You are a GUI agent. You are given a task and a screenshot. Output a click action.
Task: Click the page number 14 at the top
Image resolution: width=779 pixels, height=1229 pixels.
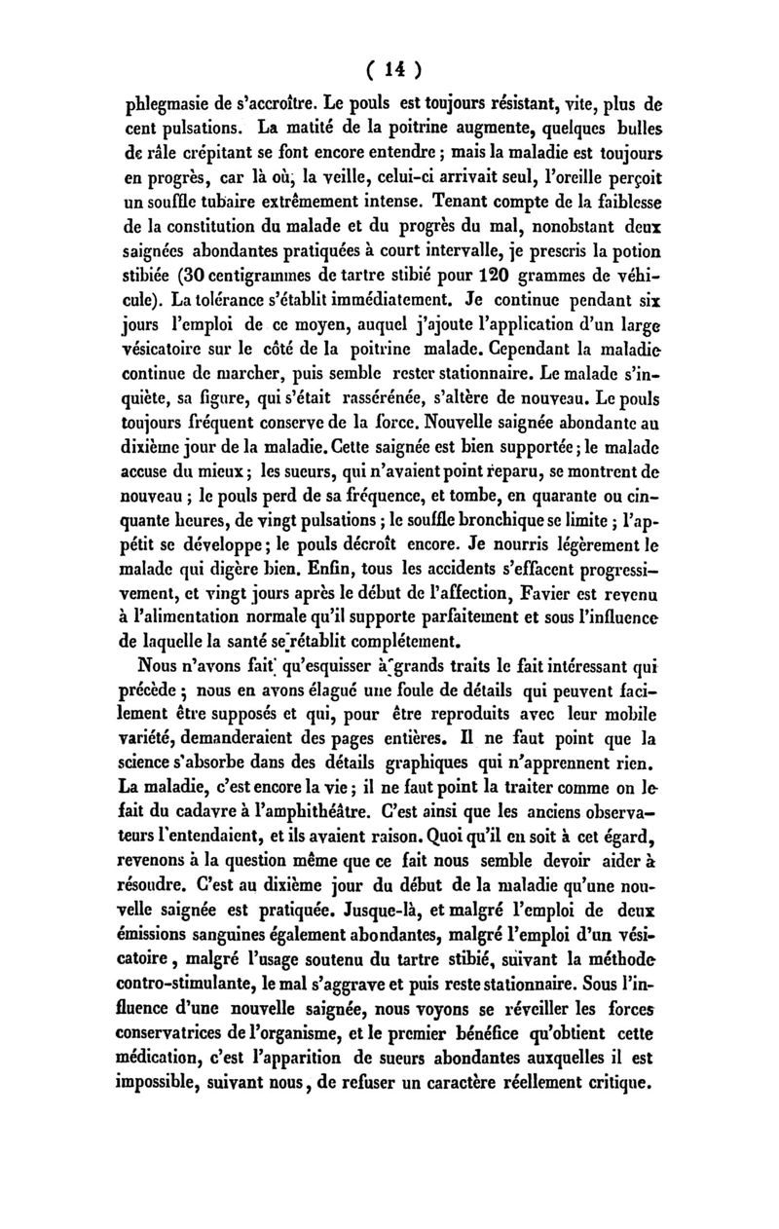point(391,70)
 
